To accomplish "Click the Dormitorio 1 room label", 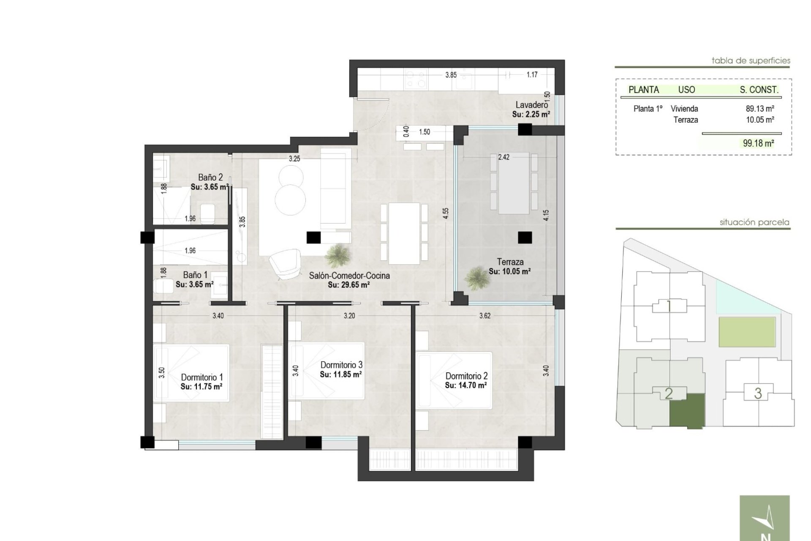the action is (202, 377).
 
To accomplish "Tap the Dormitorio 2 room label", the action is (466, 376).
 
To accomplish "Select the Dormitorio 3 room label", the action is (341, 365).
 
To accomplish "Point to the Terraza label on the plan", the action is (510, 262).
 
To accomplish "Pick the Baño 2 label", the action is (210, 178).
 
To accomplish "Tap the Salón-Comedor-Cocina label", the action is (349, 276).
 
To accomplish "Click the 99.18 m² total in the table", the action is (759, 143).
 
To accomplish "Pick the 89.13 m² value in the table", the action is (760, 109).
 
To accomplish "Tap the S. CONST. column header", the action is (759, 90).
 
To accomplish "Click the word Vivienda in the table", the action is (684, 109).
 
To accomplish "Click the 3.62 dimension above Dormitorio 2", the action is (484, 316).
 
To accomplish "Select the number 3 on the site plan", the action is (758, 393).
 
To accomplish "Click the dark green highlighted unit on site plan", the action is (687, 411).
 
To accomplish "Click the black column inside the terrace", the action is (525, 238).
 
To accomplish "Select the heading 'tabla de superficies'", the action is (751, 60).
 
